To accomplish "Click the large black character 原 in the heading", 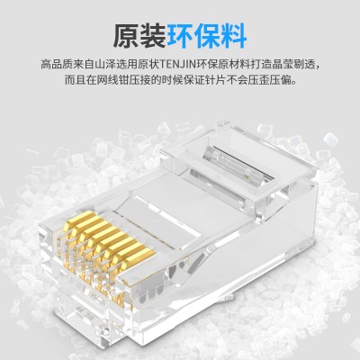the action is [126, 36].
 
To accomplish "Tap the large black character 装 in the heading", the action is [153, 36].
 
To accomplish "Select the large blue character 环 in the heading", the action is [180, 36].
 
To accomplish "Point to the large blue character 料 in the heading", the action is [233, 36].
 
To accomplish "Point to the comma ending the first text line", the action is [318, 68].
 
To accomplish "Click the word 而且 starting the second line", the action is [76, 81].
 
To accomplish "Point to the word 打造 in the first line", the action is [261, 65].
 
